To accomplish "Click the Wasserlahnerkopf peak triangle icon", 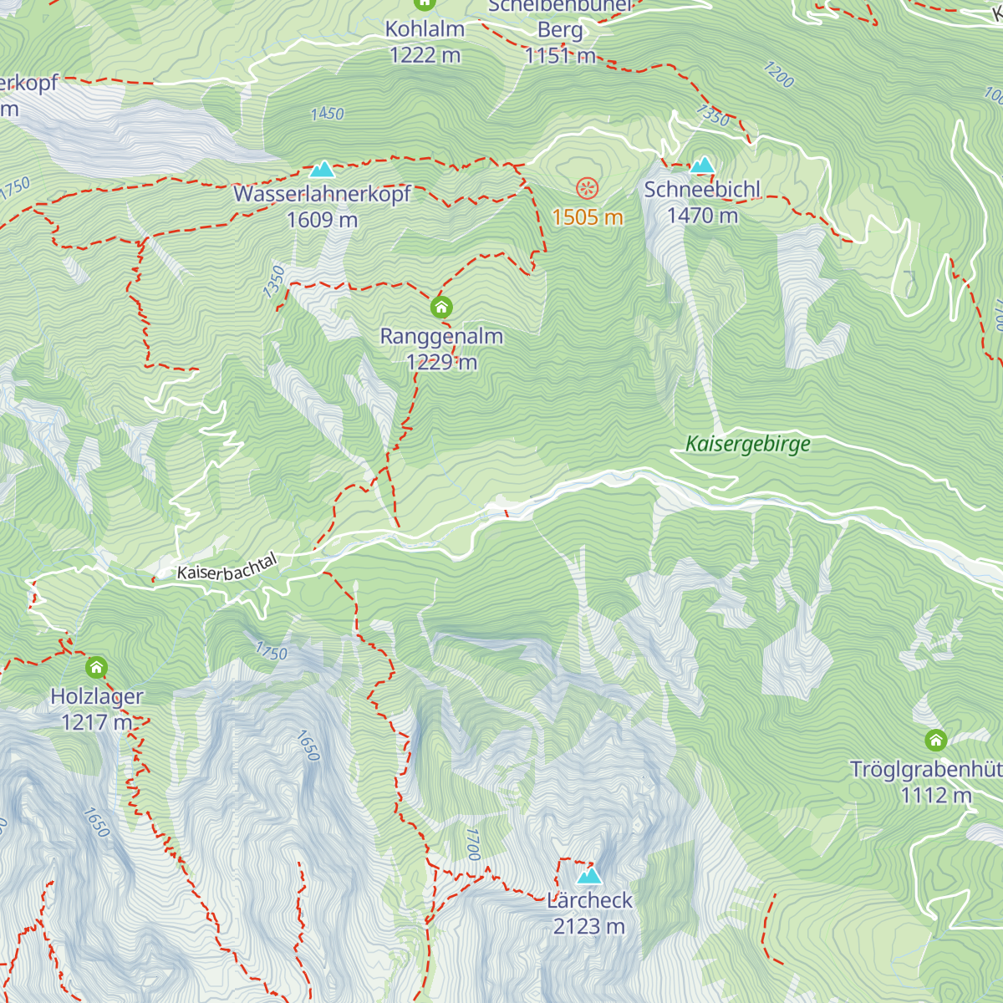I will click(x=322, y=171).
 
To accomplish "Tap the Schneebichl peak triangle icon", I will click(x=702, y=165).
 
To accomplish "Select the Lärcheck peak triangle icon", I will click(x=589, y=876).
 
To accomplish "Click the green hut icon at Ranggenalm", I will click(x=441, y=308).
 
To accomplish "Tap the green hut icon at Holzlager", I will click(x=97, y=668).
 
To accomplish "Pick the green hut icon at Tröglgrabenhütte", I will click(x=935, y=741).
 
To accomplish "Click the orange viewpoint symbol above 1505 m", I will click(x=588, y=188).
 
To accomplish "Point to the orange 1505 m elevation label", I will click(x=588, y=218).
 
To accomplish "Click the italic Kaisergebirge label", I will click(x=748, y=444).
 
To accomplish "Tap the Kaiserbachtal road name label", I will click(x=227, y=568).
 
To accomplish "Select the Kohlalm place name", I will click(x=425, y=29).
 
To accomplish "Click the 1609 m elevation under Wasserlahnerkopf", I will click(x=322, y=221).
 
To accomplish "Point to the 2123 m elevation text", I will click(x=589, y=927).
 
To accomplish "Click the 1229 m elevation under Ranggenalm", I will click(x=441, y=363).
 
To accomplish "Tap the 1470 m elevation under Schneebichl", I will click(x=702, y=216).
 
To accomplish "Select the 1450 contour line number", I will click(x=327, y=114).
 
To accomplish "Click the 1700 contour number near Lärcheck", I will click(x=473, y=844).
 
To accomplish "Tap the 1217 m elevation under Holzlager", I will click(x=97, y=722).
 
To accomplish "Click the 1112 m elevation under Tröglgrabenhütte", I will click(x=936, y=796).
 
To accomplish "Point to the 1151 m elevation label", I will click(x=560, y=56).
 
